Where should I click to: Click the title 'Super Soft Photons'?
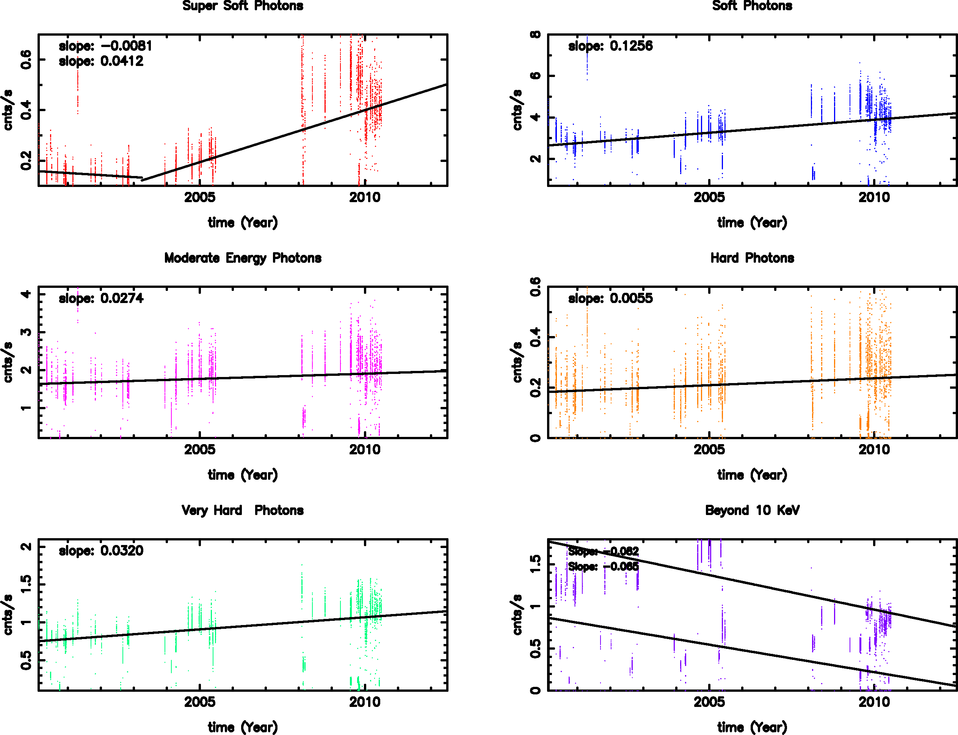(x=243, y=6)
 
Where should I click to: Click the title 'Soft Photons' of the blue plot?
(x=752, y=6)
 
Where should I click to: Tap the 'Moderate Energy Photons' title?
(x=243, y=258)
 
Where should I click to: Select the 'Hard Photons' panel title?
(x=752, y=258)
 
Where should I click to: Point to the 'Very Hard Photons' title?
(x=243, y=510)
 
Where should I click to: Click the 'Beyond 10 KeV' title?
(x=752, y=510)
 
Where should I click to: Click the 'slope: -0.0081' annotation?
(x=105, y=46)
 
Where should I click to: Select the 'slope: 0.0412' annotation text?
(x=101, y=61)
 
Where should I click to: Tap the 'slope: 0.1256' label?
(x=610, y=46)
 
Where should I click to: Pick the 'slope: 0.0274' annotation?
(x=101, y=298)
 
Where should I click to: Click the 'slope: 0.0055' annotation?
(x=610, y=298)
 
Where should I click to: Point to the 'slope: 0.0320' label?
(x=101, y=550)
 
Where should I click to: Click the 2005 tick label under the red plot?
(x=200, y=197)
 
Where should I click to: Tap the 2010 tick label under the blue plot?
(x=874, y=197)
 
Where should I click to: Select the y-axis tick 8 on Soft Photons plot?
(x=535, y=35)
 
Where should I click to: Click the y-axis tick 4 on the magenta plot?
(x=26, y=294)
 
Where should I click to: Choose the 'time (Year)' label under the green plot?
(x=243, y=727)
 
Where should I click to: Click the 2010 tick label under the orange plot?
(x=874, y=449)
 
